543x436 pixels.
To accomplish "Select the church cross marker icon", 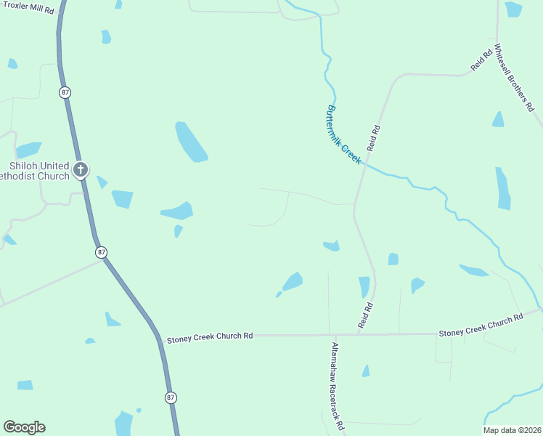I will coord(80,170).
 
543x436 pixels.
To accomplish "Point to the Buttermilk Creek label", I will coord(343,134).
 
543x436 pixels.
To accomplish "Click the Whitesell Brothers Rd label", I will coord(514,77).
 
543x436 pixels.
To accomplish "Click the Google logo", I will coord(24,427).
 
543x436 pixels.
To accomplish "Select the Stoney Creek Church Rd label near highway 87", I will coord(210,337).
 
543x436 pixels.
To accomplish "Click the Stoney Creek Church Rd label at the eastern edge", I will coord(481,326).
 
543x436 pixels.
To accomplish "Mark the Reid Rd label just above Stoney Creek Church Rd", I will coord(369,317).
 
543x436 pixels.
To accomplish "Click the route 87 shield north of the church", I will coord(65,92).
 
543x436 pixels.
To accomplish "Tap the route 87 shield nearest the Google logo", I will coord(170,397).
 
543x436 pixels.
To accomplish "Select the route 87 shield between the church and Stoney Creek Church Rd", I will coord(101,252).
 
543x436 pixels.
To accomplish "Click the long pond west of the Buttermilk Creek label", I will coord(191,142).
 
